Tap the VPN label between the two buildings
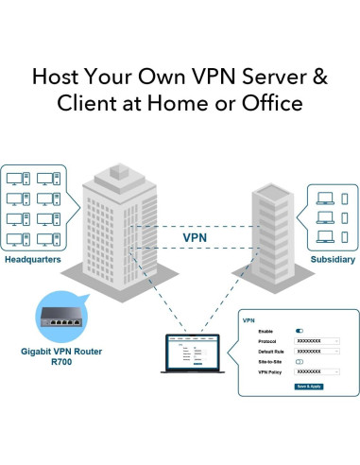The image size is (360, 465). click(195, 239)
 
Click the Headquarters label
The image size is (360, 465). click(33, 259)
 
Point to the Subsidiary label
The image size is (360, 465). click(334, 259)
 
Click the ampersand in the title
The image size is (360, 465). click(320, 75)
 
